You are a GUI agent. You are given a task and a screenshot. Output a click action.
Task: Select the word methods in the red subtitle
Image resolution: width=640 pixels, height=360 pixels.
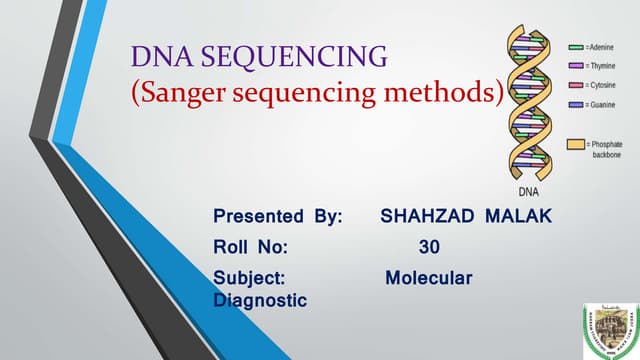pos(446,95)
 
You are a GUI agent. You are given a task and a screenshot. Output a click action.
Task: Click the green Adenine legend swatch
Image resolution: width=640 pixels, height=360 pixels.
pos(577,47)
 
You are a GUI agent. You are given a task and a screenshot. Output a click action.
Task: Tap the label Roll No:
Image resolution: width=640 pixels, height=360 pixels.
pos(250,246)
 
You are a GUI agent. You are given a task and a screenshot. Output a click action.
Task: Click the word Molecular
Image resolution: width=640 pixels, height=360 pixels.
pos(429,276)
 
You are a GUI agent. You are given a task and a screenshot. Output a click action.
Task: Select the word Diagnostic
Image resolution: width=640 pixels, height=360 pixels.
pos(260,299)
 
